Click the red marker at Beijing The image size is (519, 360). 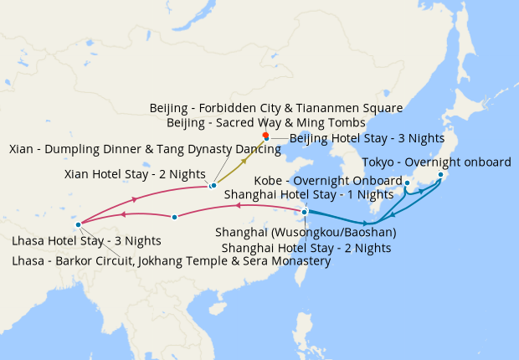click(265, 136)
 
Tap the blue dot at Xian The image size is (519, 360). click(213, 185)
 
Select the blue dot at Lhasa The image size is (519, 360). click(78, 224)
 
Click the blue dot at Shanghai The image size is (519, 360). click(305, 212)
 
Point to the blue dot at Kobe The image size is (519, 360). click(407, 183)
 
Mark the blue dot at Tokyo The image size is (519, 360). click(440, 175)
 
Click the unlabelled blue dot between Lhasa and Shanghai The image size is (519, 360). click(174, 218)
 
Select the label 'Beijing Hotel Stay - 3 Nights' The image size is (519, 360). click(354, 138)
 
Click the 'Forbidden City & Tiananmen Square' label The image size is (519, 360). click(276, 108)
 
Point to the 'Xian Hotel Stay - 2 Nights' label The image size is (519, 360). click(135, 174)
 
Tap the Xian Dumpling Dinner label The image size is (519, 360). click(125, 149)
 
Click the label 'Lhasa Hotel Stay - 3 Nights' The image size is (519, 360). click(86, 240)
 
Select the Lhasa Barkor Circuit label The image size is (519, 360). click(171, 260)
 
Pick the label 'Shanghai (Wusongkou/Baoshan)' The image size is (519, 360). click(306, 231)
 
